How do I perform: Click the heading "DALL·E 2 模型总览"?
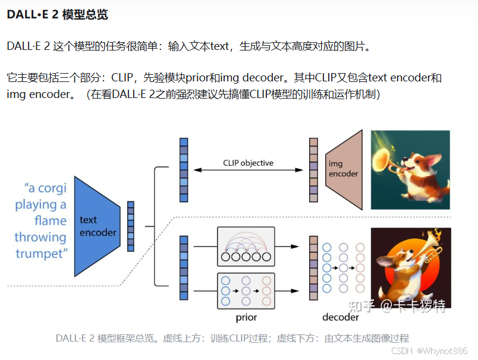click(58, 15)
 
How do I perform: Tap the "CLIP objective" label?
click(248, 163)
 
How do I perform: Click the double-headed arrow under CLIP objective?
click(248, 170)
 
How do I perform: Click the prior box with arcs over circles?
click(246, 246)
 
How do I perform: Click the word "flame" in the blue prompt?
click(51, 221)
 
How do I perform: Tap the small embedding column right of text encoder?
click(131, 226)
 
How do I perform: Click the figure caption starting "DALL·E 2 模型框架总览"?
click(232, 338)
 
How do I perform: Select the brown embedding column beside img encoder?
click(313, 170)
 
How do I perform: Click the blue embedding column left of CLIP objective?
click(184, 170)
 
